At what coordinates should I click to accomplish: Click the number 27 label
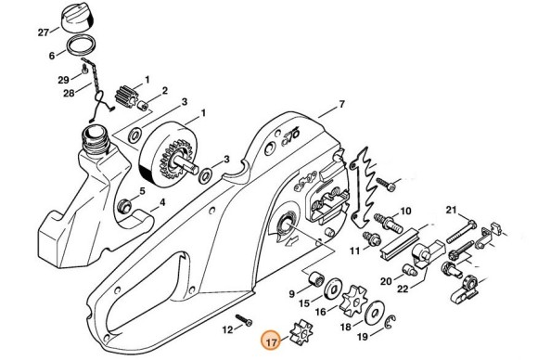click(x=42, y=32)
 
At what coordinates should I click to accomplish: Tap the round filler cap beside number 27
click(x=80, y=18)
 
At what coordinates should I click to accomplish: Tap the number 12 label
click(x=227, y=329)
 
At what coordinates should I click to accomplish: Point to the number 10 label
click(x=406, y=211)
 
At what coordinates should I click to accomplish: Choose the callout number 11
click(x=356, y=249)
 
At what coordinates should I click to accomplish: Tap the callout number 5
click(x=141, y=191)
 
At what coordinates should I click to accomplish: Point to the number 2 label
click(x=164, y=91)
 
